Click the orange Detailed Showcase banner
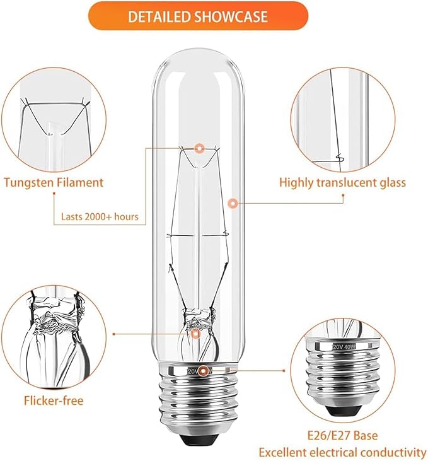[x=197, y=16]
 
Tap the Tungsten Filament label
[x=54, y=183]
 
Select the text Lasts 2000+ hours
[x=100, y=217]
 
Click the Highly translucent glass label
[x=343, y=183]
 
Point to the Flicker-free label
[x=54, y=400]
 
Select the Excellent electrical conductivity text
[x=342, y=452]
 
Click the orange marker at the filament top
[x=200, y=149]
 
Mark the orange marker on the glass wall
[x=233, y=203]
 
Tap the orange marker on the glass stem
[x=196, y=334]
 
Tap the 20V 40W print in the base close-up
[x=340, y=346]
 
